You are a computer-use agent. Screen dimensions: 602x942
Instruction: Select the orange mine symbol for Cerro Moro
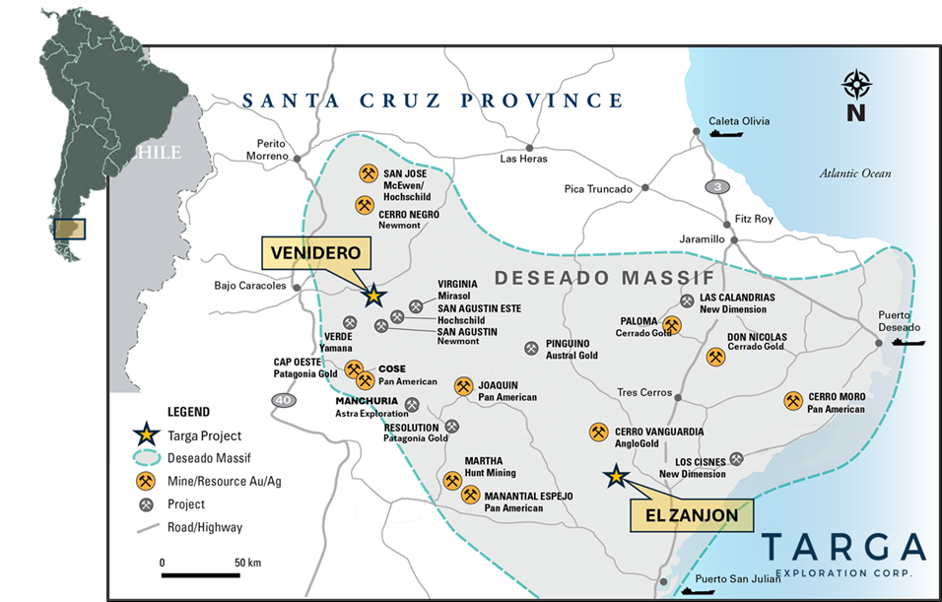(793, 401)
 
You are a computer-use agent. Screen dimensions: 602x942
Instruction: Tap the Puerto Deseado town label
(899, 321)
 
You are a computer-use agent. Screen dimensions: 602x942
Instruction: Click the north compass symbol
(856, 95)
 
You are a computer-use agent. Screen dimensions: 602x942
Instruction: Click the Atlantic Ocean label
(855, 173)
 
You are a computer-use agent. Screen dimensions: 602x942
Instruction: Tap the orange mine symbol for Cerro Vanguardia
(598, 432)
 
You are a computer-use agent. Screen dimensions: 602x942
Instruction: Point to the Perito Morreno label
(269, 149)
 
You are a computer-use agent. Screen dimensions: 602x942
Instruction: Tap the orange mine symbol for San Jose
(368, 173)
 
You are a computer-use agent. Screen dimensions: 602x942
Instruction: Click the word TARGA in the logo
(843, 547)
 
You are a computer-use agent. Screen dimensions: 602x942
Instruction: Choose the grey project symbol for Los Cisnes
(736, 458)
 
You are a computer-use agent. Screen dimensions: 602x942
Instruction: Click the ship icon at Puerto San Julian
(702, 591)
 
